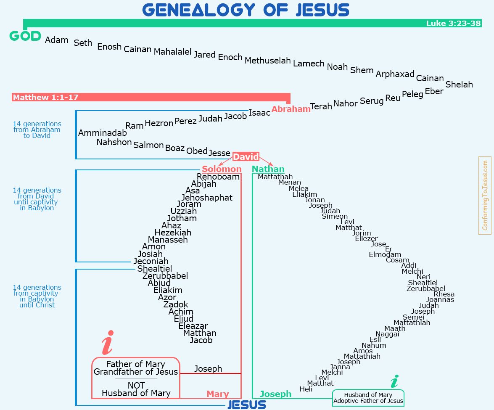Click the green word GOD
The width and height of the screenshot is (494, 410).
pyautogui.click(x=25, y=36)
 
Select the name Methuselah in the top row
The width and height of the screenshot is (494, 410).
pyautogui.click(x=267, y=60)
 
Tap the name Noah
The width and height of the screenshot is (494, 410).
pyautogui.click(x=337, y=67)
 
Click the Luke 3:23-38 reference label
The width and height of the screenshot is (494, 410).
pyautogui.click(x=453, y=23)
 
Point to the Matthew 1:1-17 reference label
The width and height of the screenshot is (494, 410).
pyautogui.click(x=45, y=98)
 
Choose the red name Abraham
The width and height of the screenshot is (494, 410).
pyautogui.click(x=291, y=109)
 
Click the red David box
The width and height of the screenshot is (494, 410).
pyautogui.click(x=246, y=156)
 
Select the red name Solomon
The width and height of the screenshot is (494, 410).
pyautogui.click(x=222, y=169)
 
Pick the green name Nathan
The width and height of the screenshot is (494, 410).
pyautogui.click(x=268, y=169)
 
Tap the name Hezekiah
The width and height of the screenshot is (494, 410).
pyautogui.click(x=173, y=233)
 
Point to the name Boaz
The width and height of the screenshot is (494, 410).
pyautogui.click(x=175, y=148)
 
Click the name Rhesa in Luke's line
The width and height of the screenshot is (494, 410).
pyautogui.click(x=444, y=294)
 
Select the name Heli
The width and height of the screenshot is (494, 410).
pyautogui.click(x=306, y=389)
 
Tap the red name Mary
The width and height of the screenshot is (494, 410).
pyautogui.click(x=218, y=394)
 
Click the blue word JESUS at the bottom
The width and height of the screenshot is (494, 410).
pyautogui.click(x=247, y=405)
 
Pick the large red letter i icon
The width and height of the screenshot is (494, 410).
pyautogui.click(x=108, y=343)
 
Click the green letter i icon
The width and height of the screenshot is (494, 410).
pyautogui.click(x=394, y=381)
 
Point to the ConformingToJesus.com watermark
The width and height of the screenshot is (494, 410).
pyautogui.click(x=485, y=196)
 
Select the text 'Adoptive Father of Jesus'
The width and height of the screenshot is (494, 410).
pyautogui.click(x=368, y=401)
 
